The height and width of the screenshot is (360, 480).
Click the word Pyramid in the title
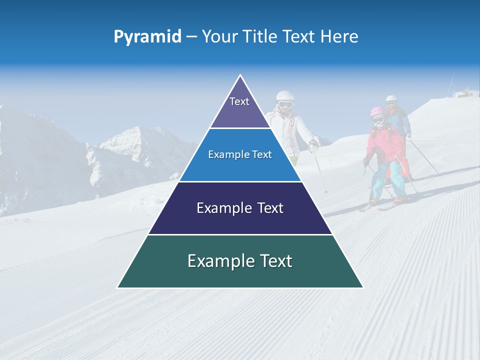147,37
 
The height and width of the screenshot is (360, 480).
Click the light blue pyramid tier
240,155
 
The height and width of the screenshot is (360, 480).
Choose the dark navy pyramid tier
240,208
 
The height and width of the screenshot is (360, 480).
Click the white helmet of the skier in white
284,95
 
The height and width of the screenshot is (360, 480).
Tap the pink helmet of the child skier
377,110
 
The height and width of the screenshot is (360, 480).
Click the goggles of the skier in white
285,104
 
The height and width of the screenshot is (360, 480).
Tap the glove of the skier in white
313,146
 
